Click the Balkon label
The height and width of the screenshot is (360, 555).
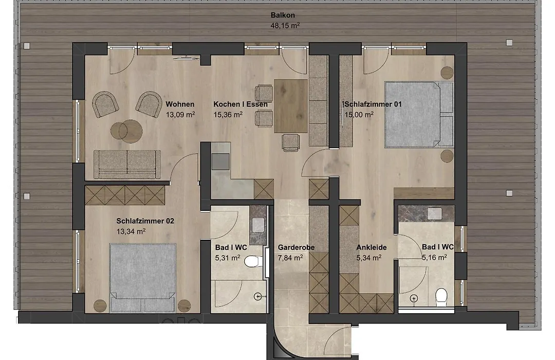(x=283, y=15)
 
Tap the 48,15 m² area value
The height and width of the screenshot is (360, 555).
(x=285, y=26)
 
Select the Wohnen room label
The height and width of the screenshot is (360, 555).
(x=180, y=104)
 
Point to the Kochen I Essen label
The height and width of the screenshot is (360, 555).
(x=240, y=104)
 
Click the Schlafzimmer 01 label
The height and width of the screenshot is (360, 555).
(x=373, y=104)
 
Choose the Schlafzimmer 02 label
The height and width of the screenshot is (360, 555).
(x=145, y=221)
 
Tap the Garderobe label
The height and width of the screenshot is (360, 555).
(x=296, y=247)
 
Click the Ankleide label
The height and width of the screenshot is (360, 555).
(x=372, y=247)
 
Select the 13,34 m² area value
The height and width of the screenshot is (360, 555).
(x=131, y=231)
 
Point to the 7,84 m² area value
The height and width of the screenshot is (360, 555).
(x=290, y=258)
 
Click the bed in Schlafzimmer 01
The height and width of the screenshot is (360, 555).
(x=419, y=115)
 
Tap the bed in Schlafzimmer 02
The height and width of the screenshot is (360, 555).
(x=143, y=278)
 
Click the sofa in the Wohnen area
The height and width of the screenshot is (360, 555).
(x=127, y=164)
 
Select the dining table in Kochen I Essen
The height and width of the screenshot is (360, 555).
(x=290, y=105)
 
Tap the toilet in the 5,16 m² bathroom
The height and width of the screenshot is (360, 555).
(x=441, y=297)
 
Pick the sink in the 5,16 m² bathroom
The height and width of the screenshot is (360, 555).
(x=434, y=213)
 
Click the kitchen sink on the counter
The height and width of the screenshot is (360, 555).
(x=220, y=161)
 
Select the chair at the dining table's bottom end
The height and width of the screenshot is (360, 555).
(x=291, y=142)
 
